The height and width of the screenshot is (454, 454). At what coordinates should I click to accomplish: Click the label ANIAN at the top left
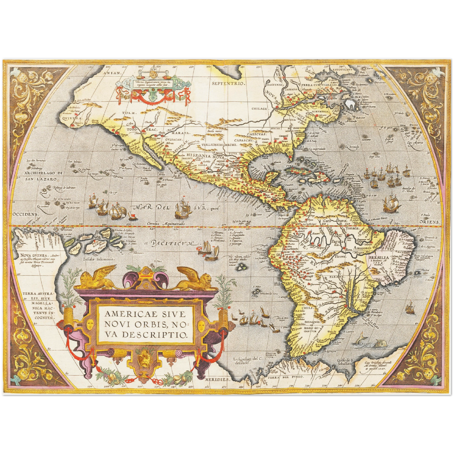[115, 73]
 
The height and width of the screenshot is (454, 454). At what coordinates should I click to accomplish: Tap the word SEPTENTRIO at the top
[228, 83]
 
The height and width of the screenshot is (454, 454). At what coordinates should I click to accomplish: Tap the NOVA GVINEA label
[30, 255]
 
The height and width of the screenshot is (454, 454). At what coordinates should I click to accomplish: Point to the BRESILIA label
[379, 257]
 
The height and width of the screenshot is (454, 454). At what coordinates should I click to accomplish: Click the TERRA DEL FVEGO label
[290, 376]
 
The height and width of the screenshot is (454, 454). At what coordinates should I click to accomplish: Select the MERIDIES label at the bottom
[216, 380]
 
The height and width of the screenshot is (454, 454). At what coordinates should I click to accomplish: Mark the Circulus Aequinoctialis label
[167, 224]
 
